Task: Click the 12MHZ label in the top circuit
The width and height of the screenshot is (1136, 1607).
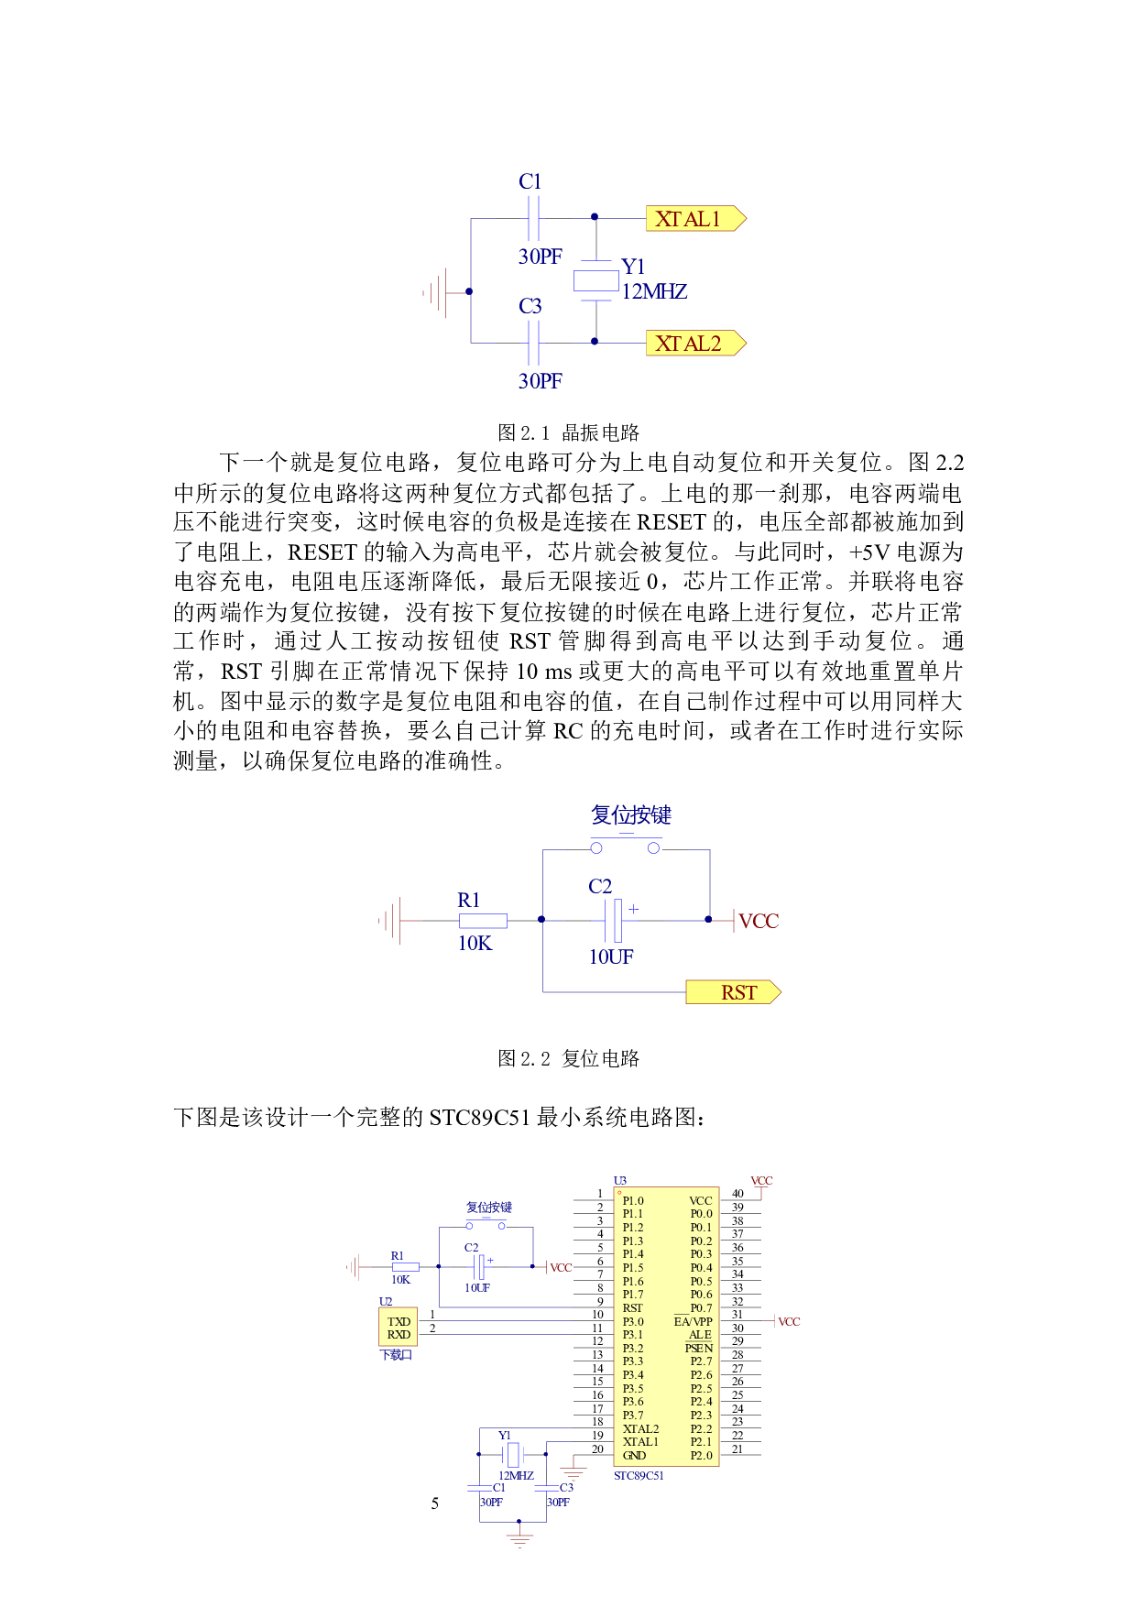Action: pyautogui.click(x=655, y=292)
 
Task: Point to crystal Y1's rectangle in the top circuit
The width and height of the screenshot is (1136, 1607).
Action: pyautogui.click(x=596, y=281)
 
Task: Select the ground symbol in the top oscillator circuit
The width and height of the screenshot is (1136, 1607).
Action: pyautogui.click(x=437, y=293)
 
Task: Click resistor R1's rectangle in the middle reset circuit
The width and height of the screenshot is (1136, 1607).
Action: pyautogui.click(x=483, y=921)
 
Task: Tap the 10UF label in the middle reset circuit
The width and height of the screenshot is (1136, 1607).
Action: pyautogui.click(x=611, y=957)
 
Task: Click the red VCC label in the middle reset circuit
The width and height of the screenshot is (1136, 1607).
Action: pyautogui.click(x=759, y=922)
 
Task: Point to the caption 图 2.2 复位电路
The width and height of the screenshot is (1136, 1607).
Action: pyautogui.click(x=568, y=1058)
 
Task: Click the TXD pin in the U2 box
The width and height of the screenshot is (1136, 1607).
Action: pyautogui.click(x=399, y=1322)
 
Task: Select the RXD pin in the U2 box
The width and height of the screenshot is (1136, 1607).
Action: pyautogui.click(x=399, y=1335)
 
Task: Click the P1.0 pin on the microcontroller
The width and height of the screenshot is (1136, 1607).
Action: pyautogui.click(x=633, y=1201)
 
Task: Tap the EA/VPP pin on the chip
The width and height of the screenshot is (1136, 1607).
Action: pyautogui.click(x=694, y=1322)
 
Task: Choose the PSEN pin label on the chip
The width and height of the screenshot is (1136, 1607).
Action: pyautogui.click(x=698, y=1349)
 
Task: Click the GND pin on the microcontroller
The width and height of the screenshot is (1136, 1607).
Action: pyautogui.click(x=634, y=1456)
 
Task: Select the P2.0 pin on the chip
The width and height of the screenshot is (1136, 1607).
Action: pyautogui.click(x=701, y=1456)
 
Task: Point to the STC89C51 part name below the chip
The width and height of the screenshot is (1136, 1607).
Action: pyautogui.click(x=639, y=1476)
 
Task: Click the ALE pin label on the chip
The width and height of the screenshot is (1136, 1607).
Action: pyautogui.click(x=700, y=1335)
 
